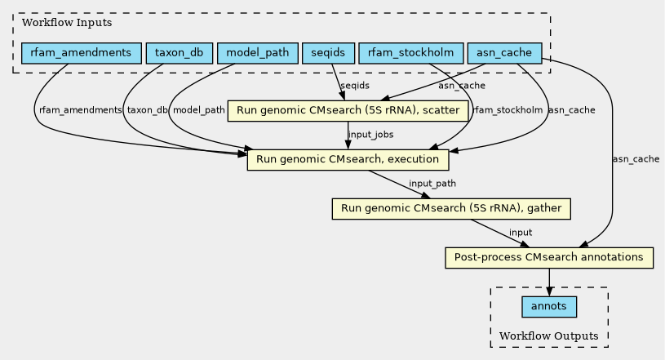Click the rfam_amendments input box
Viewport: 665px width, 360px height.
click(82, 53)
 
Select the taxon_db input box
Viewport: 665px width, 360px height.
click(179, 53)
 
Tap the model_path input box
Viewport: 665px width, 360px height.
click(258, 53)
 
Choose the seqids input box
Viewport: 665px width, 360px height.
click(328, 53)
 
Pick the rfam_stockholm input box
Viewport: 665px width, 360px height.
click(411, 53)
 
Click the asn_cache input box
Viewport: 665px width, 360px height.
click(504, 53)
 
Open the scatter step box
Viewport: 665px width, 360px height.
click(348, 111)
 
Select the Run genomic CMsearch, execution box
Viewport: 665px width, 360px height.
click(348, 160)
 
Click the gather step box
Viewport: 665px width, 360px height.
click(451, 208)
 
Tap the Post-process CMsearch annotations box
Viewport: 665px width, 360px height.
click(549, 257)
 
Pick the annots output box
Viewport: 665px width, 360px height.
click(549, 306)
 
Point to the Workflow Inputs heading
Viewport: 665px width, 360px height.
click(67, 23)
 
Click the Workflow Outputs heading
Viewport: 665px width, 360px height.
click(549, 336)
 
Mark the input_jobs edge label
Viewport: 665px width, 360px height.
click(371, 135)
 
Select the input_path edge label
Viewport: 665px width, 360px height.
click(432, 184)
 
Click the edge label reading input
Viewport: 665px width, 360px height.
click(521, 233)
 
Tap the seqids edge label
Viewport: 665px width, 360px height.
click(355, 86)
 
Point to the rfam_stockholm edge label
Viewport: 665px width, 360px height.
click(508, 110)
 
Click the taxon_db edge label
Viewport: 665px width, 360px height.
click(147, 110)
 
